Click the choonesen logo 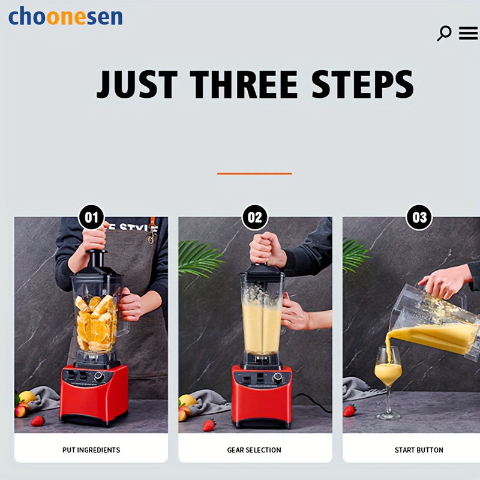pos(65,16)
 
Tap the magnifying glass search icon pos(444,33)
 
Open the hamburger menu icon pos(468,33)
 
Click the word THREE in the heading pos(244,84)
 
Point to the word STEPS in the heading pos(363,84)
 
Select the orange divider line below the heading pos(254,173)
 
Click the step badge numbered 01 pos(91,217)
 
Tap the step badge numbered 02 pos(254,217)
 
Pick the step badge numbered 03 pos(419,217)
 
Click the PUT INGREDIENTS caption pos(91,450)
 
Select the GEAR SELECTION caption pos(254,450)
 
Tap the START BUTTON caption pos(419,450)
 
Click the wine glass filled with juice pos(388,383)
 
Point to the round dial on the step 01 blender pos(99,376)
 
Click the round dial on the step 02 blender pos(278,378)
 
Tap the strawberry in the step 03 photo pos(349,410)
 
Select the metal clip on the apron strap pos(151,236)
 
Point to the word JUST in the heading pos(137,84)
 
